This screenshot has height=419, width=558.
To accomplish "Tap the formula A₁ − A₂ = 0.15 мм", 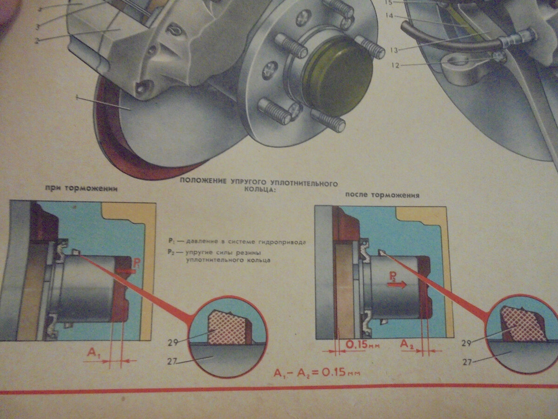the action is point(318,373).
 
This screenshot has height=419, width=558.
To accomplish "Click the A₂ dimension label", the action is point(408,344).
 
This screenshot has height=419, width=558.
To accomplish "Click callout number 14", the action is point(390,16).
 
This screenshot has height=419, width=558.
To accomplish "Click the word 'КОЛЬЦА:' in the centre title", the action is point(258,190).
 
